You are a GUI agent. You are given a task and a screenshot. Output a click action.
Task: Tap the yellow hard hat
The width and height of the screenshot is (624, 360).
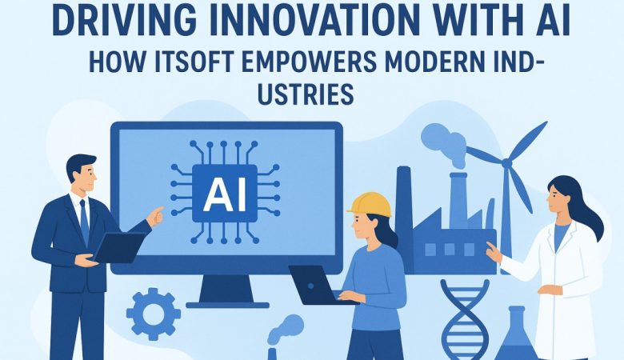[370, 204]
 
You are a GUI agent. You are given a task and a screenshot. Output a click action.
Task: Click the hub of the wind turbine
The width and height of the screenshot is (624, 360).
[505, 163]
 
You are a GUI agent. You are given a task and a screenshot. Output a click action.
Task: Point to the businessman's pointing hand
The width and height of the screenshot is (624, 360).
[154, 215]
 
